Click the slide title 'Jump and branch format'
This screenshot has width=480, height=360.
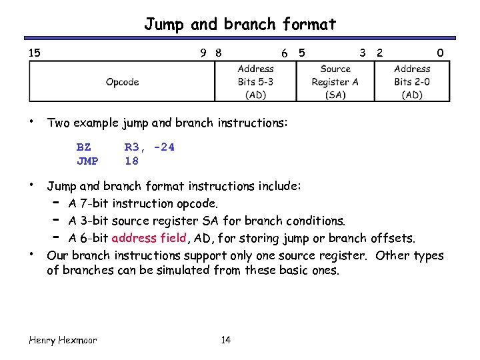(240, 25)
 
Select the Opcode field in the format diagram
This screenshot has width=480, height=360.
(122, 82)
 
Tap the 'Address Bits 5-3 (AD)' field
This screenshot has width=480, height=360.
(255, 82)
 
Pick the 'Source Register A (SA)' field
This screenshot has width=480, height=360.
(335, 82)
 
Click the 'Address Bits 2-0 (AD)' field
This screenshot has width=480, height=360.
(412, 82)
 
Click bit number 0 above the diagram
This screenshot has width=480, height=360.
(439, 52)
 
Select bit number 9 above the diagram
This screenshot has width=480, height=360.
(204, 52)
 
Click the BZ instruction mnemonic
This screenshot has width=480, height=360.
(84, 147)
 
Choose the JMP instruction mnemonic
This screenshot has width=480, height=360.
(87, 161)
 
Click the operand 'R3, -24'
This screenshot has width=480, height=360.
(149, 147)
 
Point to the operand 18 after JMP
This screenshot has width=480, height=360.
(131, 161)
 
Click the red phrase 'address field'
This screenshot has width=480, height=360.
(149, 238)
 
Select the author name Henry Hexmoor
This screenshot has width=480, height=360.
(63, 340)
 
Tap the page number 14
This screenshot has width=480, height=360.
(225, 340)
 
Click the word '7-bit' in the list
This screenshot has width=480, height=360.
(94, 203)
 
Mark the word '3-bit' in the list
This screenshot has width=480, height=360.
(94, 221)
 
